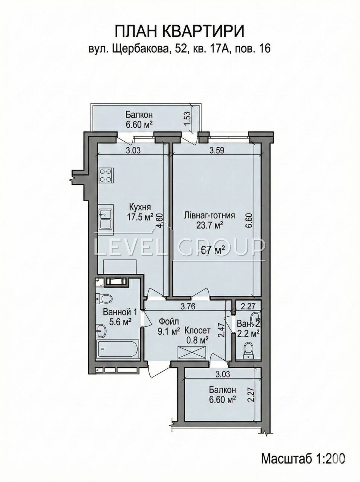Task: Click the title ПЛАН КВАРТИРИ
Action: click(180, 32)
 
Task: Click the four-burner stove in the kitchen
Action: click(106, 175)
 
